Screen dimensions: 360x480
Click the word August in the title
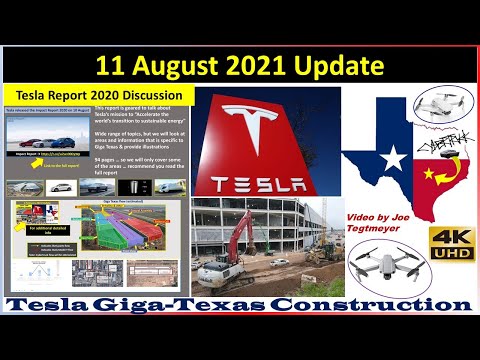[x=194, y=67]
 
